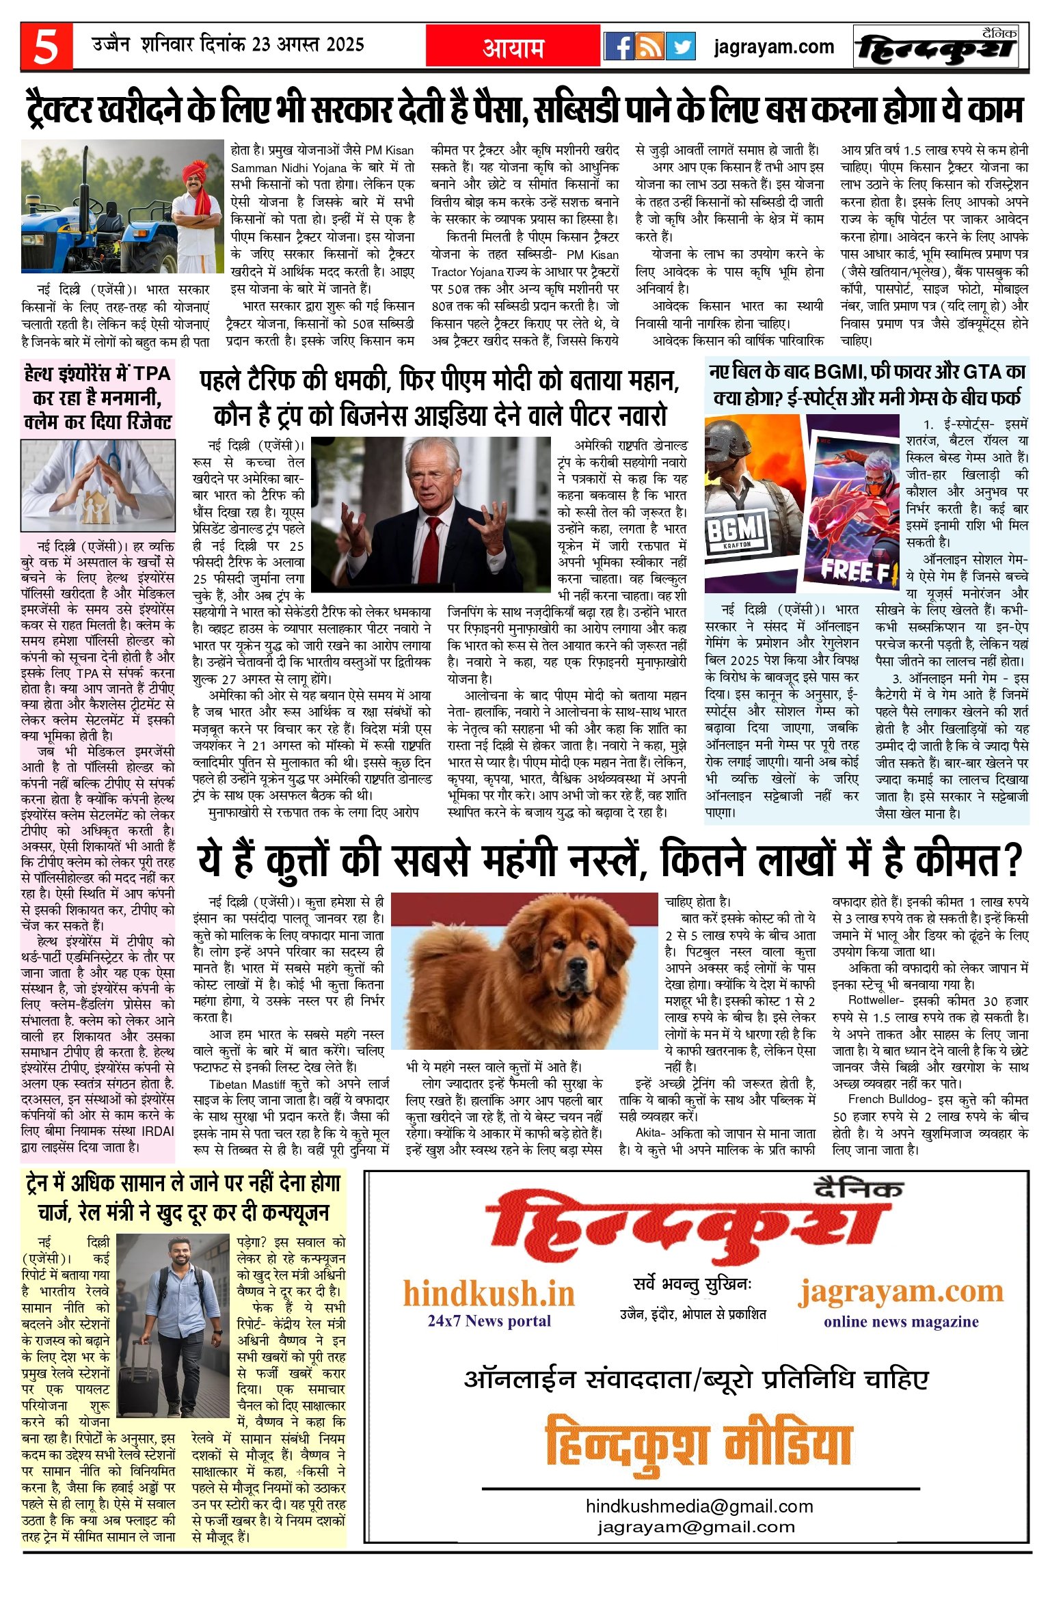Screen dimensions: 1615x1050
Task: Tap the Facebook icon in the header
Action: click(619, 46)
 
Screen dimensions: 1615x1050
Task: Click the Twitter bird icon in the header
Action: click(680, 46)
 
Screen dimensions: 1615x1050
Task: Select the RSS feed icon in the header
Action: click(649, 46)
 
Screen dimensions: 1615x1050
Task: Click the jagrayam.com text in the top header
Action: click(774, 46)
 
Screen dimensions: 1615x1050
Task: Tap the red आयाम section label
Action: click(513, 46)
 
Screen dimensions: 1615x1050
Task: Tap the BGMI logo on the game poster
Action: click(734, 529)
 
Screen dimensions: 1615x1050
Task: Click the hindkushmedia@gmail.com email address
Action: click(699, 1506)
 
